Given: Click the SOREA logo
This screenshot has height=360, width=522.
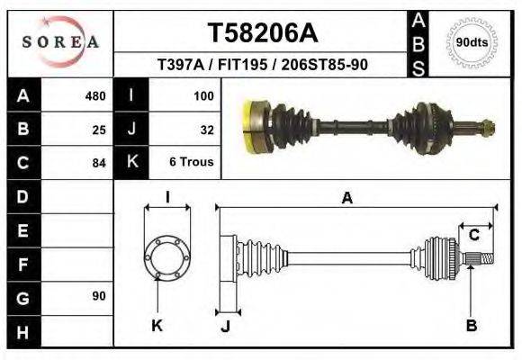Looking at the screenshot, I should pyautogui.click(x=60, y=41).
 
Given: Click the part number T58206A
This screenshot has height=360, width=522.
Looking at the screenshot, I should pyautogui.click(x=263, y=33).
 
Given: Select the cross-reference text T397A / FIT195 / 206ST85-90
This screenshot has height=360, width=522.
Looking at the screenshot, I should pyautogui.click(x=262, y=65).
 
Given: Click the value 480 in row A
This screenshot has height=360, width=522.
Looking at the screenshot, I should pyautogui.click(x=94, y=96).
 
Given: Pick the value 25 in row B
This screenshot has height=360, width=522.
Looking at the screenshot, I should pyautogui.click(x=99, y=130).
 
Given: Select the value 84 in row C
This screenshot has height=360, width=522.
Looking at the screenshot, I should pyautogui.click(x=99, y=163).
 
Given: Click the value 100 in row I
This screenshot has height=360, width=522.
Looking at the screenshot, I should pyautogui.click(x=202, y=96).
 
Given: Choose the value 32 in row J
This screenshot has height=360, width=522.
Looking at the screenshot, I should pyautogui.click(x=206, y=130).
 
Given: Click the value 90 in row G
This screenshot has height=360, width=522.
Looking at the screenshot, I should pyautogui.click(x=98, y=296).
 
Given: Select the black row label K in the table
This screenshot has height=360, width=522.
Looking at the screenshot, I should pyautogui.click(x=131, y=163).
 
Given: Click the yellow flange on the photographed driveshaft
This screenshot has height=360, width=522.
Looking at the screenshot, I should pyautogui.click(x=255, y=125).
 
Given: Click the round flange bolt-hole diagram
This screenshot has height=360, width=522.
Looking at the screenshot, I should pyautogui.click(x=166, y=256).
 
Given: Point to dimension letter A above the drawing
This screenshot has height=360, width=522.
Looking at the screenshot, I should pyautogui.click(x=346, y=199).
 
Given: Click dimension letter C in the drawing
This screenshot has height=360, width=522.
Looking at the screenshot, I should pyautogui.click(x=473, y=236).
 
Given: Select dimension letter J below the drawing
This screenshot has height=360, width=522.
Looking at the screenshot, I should pyautogui.click(x=226, y=326).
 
